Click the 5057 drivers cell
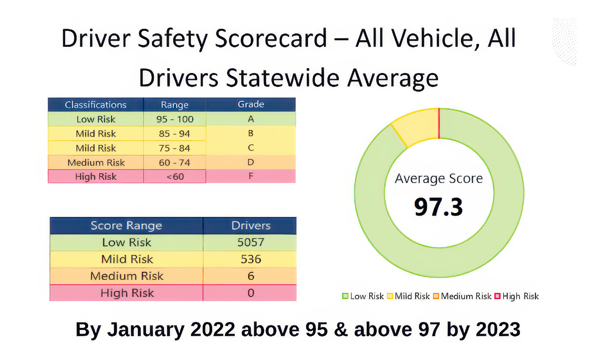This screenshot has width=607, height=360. [250, 243]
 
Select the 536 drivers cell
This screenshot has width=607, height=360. [250, 259]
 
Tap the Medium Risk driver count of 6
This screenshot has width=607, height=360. [250, 276]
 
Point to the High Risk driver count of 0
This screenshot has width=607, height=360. [250, 293]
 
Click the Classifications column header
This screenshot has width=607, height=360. [96, 105]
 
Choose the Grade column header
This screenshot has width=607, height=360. [251, 104]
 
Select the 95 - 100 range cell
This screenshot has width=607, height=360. [175, 119]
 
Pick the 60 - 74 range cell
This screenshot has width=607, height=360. [175, 162]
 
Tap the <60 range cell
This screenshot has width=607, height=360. [175, 177]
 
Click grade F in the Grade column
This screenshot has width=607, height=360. [251, 176]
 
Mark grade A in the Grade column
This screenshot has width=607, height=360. [251, 119]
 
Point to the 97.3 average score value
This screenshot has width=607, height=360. [439, 207]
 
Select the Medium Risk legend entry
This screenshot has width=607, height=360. [462, 296]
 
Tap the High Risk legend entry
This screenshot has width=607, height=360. [517, 296]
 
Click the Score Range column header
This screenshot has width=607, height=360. [126, 225]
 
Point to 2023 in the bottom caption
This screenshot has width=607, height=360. [498, 329]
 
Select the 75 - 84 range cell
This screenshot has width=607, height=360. [175, 148]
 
